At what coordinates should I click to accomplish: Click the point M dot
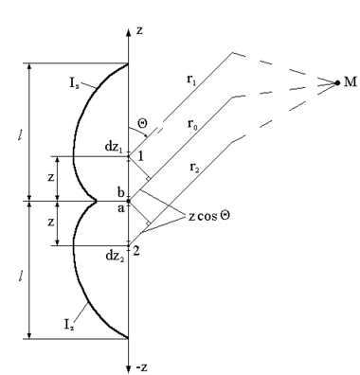337,83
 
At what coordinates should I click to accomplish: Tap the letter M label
350,82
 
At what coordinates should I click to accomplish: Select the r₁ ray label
191,80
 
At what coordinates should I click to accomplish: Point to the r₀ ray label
192,123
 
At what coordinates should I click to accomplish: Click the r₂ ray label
194,168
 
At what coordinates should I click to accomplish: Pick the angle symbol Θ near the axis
143,123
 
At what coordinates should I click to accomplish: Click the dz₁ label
114,148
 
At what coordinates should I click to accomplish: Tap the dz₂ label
114,256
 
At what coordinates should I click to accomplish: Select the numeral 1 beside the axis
140,156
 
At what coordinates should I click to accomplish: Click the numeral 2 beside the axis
136,252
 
